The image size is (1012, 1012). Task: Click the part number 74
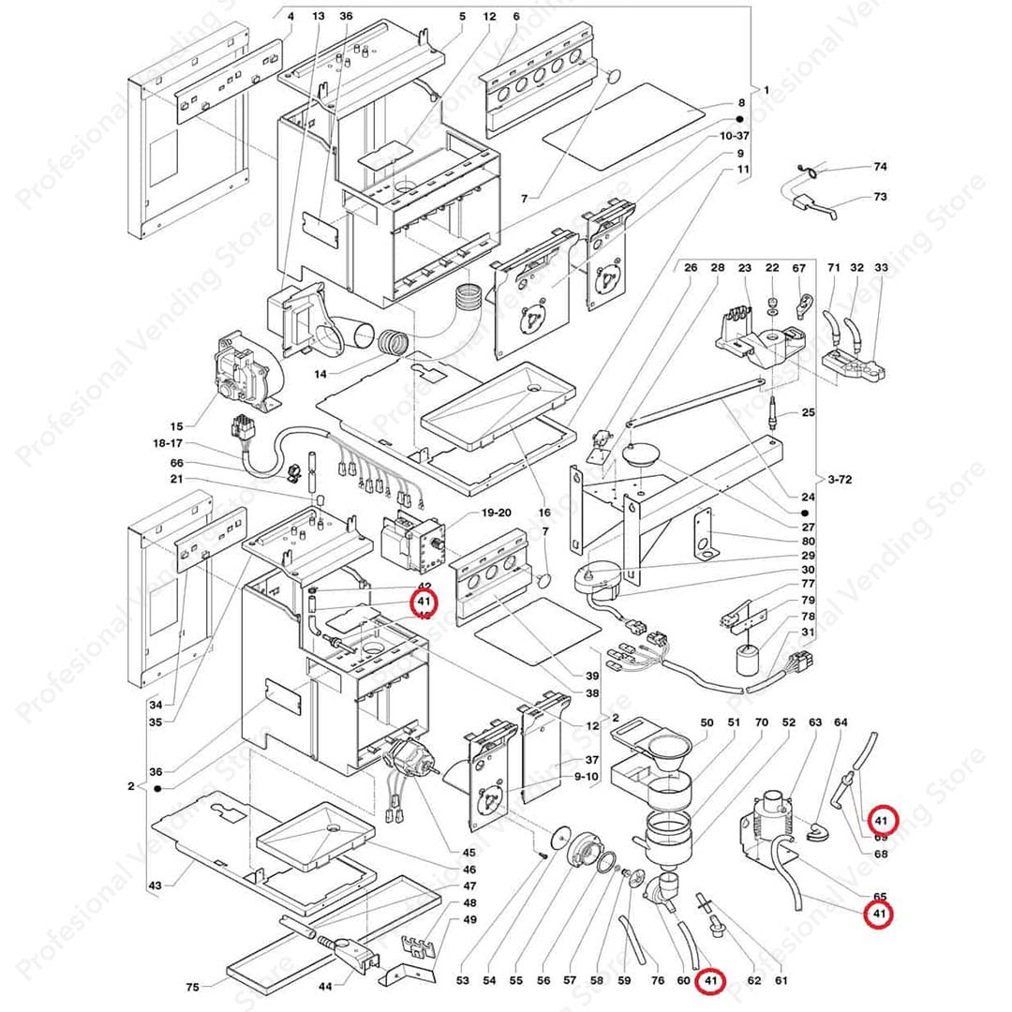[x=880, y=167]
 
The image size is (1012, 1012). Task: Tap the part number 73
[x=880, y=197]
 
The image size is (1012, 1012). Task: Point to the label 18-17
[x=171, y=442]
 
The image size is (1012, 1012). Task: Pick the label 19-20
[x=496, y=513]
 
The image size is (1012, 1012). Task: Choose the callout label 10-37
[x=735, y=137]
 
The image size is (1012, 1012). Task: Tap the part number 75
[x=192, y=987]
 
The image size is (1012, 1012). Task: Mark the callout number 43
[x=156, y=885]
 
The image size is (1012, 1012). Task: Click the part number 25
[x=809, y=413]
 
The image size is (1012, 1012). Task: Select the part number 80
[x=808, y=541]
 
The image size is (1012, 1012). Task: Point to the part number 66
[x=177, y=463]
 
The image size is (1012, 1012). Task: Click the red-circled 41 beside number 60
[x=710, y=981]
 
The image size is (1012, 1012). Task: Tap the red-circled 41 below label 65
[x=879, y=914]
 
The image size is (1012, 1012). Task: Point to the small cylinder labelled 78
[x=747, y=660]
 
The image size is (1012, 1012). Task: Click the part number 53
[x=462, y=981]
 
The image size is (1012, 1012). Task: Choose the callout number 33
[x=881, y=268]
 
